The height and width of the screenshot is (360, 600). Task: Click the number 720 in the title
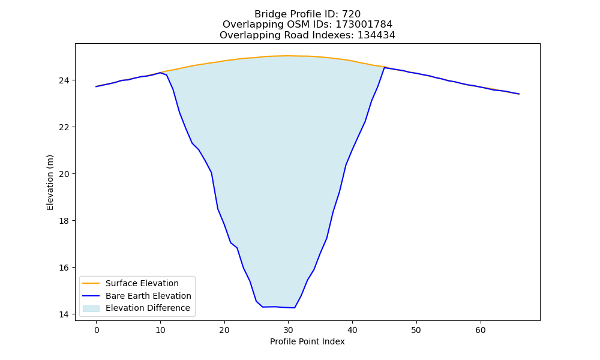(351, 14)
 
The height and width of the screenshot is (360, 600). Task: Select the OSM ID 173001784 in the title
(364, 25)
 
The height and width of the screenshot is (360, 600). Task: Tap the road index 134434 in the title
(376, 35)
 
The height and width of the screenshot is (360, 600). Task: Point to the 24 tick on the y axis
(64, 80)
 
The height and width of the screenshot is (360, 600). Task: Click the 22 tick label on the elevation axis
(64, 127)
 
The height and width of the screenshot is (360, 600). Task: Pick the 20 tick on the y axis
(64, 174)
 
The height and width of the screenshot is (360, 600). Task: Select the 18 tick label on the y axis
(64, 221)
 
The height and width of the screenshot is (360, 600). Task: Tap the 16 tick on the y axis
(64, 268)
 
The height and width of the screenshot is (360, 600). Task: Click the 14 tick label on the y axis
(64, 314)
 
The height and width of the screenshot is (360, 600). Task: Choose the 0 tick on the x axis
(97, 330)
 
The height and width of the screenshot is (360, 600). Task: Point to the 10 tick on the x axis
(160, 330)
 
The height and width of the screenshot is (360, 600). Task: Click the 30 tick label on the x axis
(288, 330)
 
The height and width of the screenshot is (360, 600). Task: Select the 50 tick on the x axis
(416, 330)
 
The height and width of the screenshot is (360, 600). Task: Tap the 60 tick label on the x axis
(480, 330)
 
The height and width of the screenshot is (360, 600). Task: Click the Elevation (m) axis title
(50, 182)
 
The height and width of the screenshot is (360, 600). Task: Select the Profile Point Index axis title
(307, 341)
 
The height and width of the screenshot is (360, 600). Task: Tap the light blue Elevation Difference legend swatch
(91, 308)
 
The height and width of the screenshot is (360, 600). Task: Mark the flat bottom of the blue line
(278, 307)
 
